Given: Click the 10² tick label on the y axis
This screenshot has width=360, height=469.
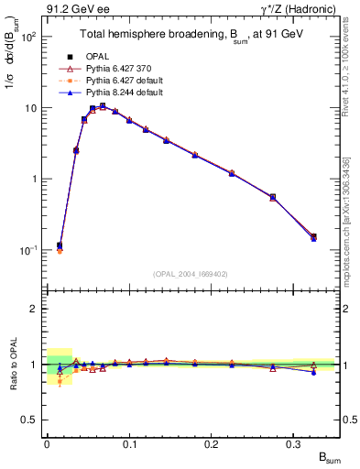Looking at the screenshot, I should [x=27, y=38].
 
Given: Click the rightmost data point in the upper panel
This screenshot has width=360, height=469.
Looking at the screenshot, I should [x=314, y=237].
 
